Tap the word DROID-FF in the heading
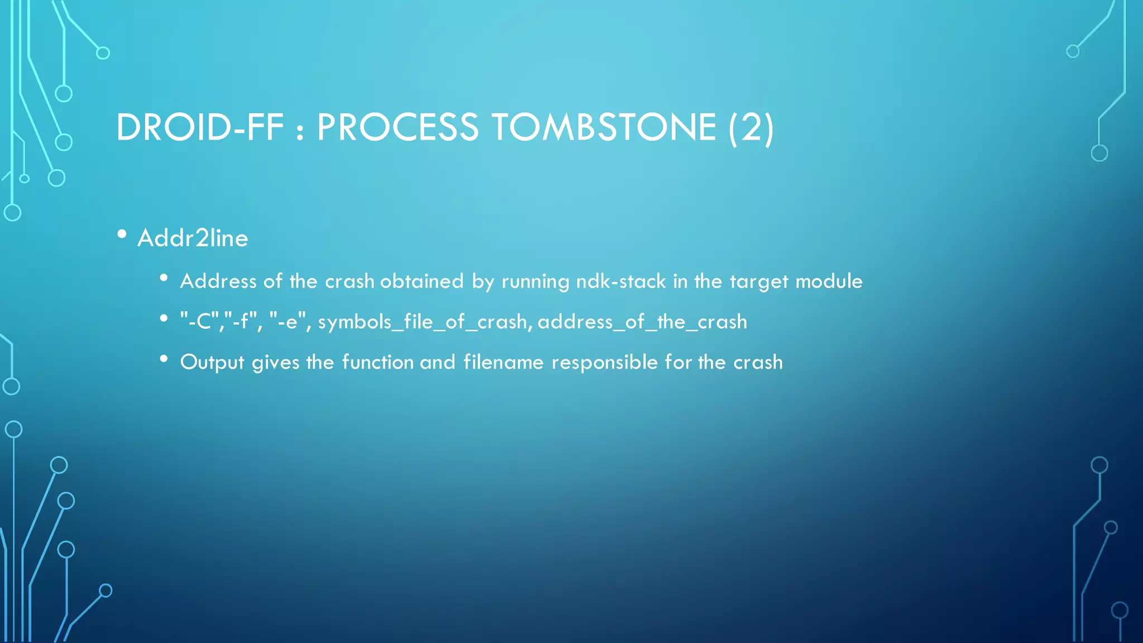click(200, 127)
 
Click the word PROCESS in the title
click(397, 127)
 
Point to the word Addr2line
click(193, 238)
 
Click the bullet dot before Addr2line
click(122, 235)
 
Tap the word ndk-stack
click(621, 281)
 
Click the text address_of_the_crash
click(642, 322)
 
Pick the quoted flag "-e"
click(290, 321)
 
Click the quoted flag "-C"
click(199, 321)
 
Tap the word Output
click(212, 363)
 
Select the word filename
click(503, 362)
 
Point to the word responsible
click(604, 363)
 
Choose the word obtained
click(421, 281)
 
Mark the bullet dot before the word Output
click(164, 359)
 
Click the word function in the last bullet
click(377, 362)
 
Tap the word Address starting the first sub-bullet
click(218, 281)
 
